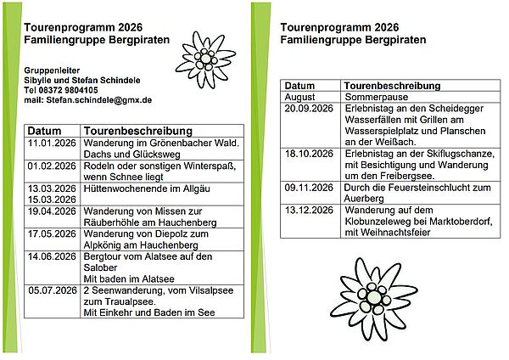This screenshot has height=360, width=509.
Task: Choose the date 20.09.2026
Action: click(x=306, y=110)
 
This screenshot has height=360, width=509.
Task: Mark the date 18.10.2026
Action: click(x=306, y=154)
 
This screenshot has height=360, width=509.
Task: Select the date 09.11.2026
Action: click(x=306, y=187)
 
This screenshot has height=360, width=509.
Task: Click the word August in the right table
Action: click(x=299, y=98)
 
